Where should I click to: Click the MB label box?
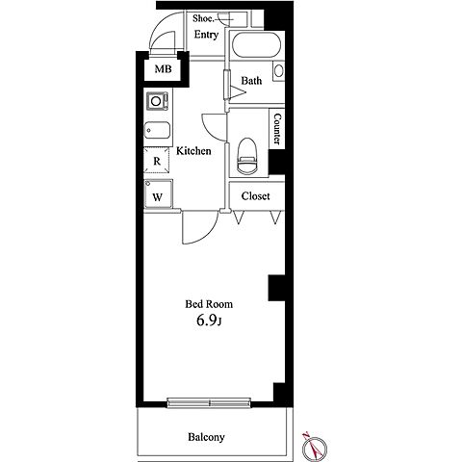pyautogui.click(x=163, y=69)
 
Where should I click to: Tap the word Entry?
pyautogui.click(x=206, y=35)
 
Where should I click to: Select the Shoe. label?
pyautogui.click(x=203, y=18)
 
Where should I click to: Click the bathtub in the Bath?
pyautogui.click(x=256, y=45)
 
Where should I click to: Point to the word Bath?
pyautogui.click(x=251, y=81)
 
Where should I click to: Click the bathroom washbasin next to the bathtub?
pyautogui.click(x=278, y=70)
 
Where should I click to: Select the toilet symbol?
pyautogui.click(x=247, y=156)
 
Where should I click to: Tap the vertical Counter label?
pyautogui.click(x=277, y=129)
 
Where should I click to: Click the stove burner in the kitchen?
pyautogui.click(x=157, y=101)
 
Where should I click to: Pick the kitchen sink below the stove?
pyautogui.click(x=157, y=130)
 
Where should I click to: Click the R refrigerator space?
pyautogui.click(x=157, y=161)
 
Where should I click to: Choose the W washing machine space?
pyautogui.click(x=158, y=194)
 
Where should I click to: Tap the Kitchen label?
pyautogui.click(x=193, y=151)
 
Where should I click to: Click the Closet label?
pyautogui.click(x=256, y=196)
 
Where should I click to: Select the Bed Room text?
pyautogui.click(x=209, y=304)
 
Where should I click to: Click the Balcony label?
pyautogui.click(x=206, y=437)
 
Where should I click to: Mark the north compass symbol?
pyautogui.click(x=315, y=447)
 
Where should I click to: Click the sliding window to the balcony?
pyautogui.click(x=209, y=402)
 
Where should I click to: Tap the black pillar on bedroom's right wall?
pyautogui.click(x=276, y=288)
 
